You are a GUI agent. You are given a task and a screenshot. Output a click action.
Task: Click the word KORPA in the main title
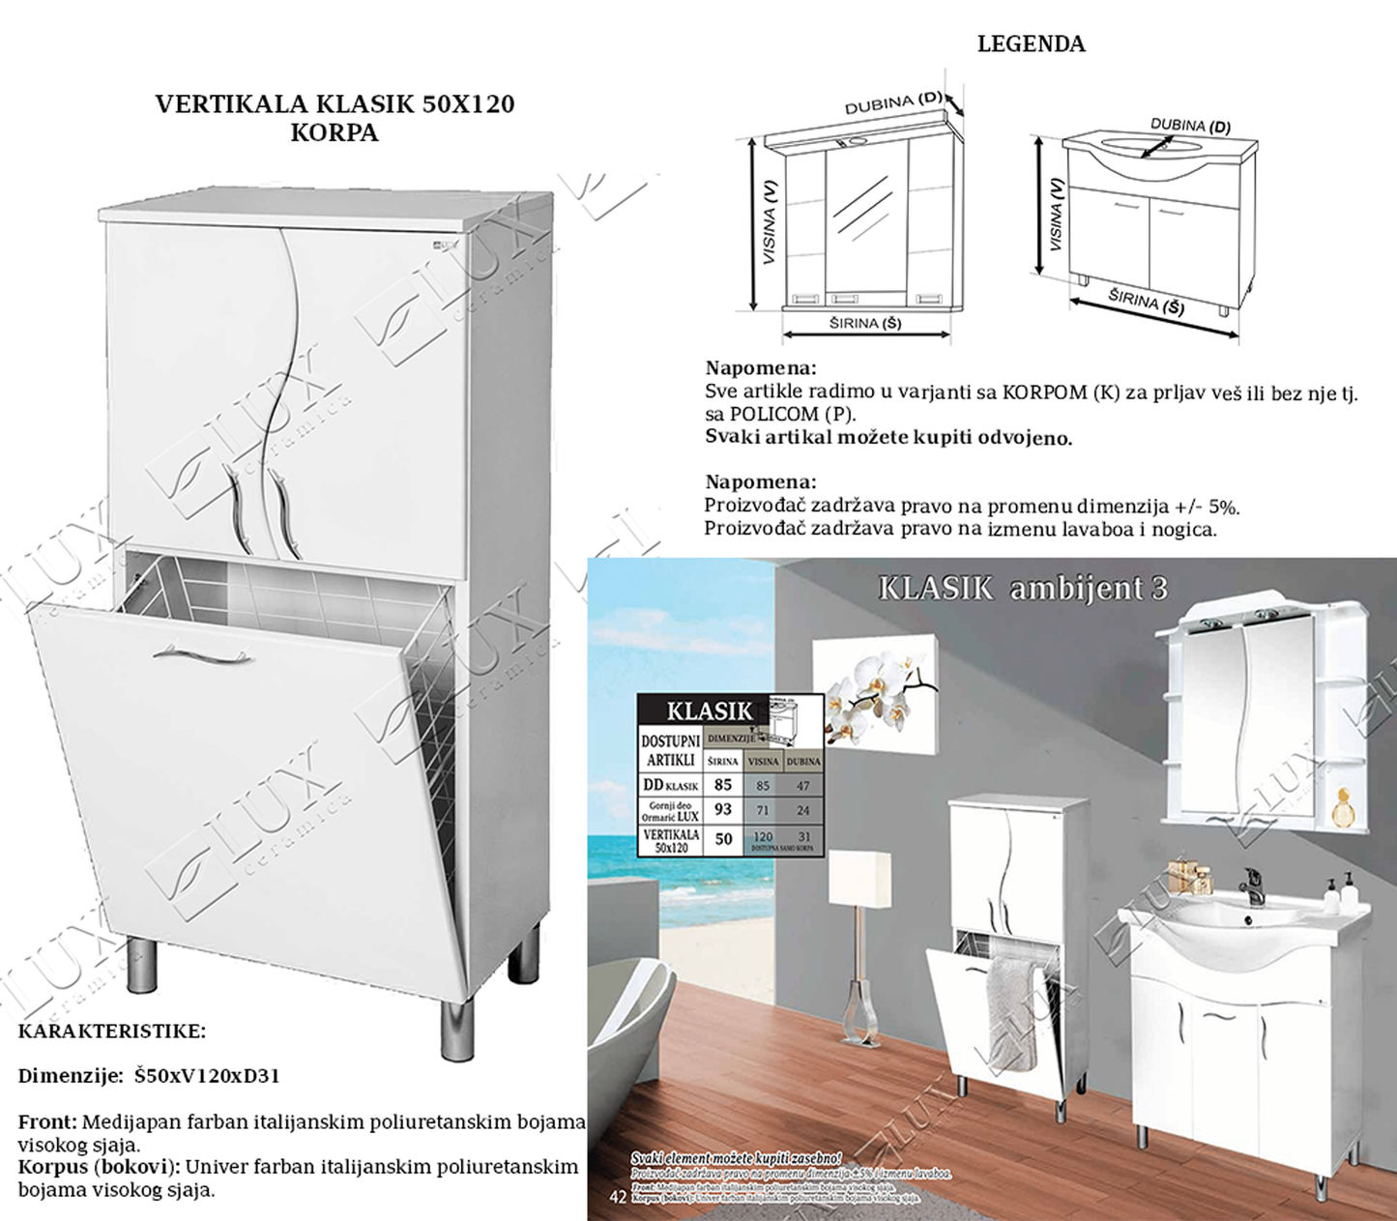pos(334,133)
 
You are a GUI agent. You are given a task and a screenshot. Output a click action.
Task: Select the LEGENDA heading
pos(1031,44)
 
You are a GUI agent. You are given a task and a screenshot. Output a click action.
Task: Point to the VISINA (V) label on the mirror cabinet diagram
pos(770,222)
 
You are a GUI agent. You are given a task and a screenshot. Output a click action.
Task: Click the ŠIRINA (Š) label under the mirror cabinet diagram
pos(865,323)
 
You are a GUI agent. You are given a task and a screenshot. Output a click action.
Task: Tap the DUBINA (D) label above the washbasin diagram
pos(1190,126)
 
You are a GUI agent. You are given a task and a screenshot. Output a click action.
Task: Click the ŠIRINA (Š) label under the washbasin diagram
pos(1147,303)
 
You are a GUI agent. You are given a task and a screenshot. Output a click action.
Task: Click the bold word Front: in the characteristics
pos(47,1122)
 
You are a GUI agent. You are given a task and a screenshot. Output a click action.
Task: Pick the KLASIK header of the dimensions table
pos(709,711)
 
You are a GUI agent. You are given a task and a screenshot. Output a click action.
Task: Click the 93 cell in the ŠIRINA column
pos(723,809)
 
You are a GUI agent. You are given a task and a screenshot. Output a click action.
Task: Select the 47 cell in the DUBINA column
pos(802,786)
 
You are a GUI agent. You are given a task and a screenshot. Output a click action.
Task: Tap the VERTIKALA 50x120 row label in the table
pos(671,839)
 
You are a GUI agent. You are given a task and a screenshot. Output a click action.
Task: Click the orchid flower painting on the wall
pos(875,693)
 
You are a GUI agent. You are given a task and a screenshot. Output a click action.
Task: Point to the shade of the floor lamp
pos(859,881)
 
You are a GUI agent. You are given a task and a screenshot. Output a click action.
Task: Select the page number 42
pos(618,1198)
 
